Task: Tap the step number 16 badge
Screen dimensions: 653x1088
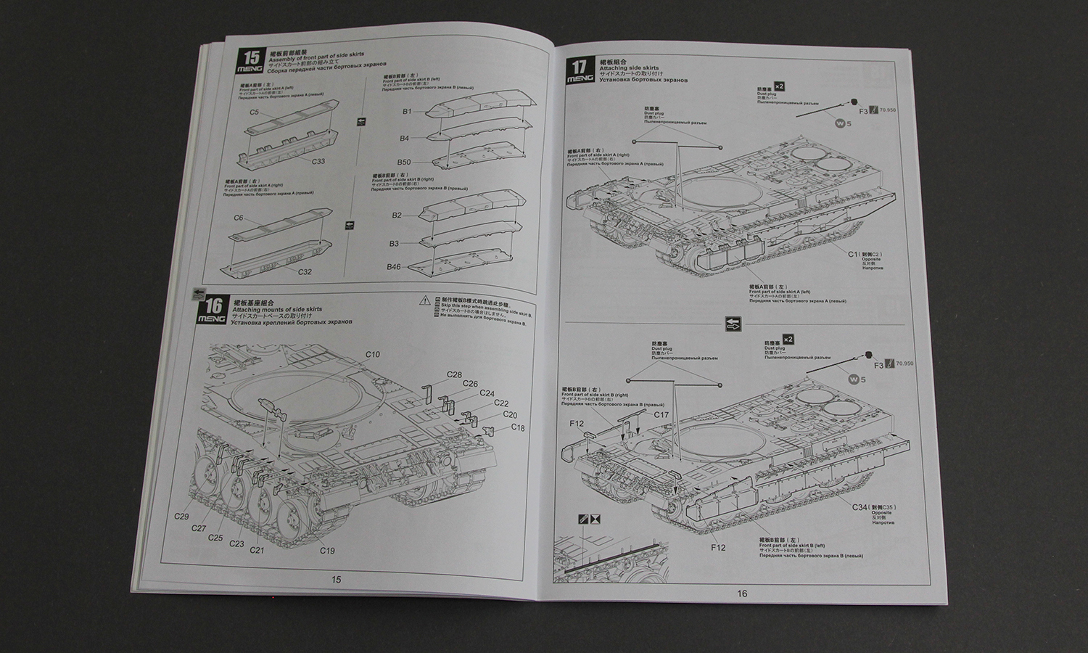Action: click(x=214, y=307)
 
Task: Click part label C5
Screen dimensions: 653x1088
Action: click(x=255, y=112)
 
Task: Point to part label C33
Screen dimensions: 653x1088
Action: click(x=317, y=161)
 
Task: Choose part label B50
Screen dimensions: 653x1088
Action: click(x=404, y=162)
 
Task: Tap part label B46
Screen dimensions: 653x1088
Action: click(x=393, y=267)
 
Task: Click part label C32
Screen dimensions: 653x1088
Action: click(x=305, y=271)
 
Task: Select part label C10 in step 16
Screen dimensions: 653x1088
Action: click(x=372, y=354)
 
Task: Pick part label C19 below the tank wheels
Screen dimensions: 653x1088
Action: click(x=327, y=550)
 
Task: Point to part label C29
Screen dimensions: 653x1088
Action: click(x=181, y=517)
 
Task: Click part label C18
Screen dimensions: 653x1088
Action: click(x=517, y=427)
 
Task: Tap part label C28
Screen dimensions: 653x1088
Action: click(x=454, y=374)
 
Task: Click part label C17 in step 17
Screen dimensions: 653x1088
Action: click(x=661, y=415)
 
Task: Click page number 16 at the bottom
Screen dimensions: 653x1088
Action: click(x=742, y=594)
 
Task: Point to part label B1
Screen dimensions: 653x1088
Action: click(x=407, y=111)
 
